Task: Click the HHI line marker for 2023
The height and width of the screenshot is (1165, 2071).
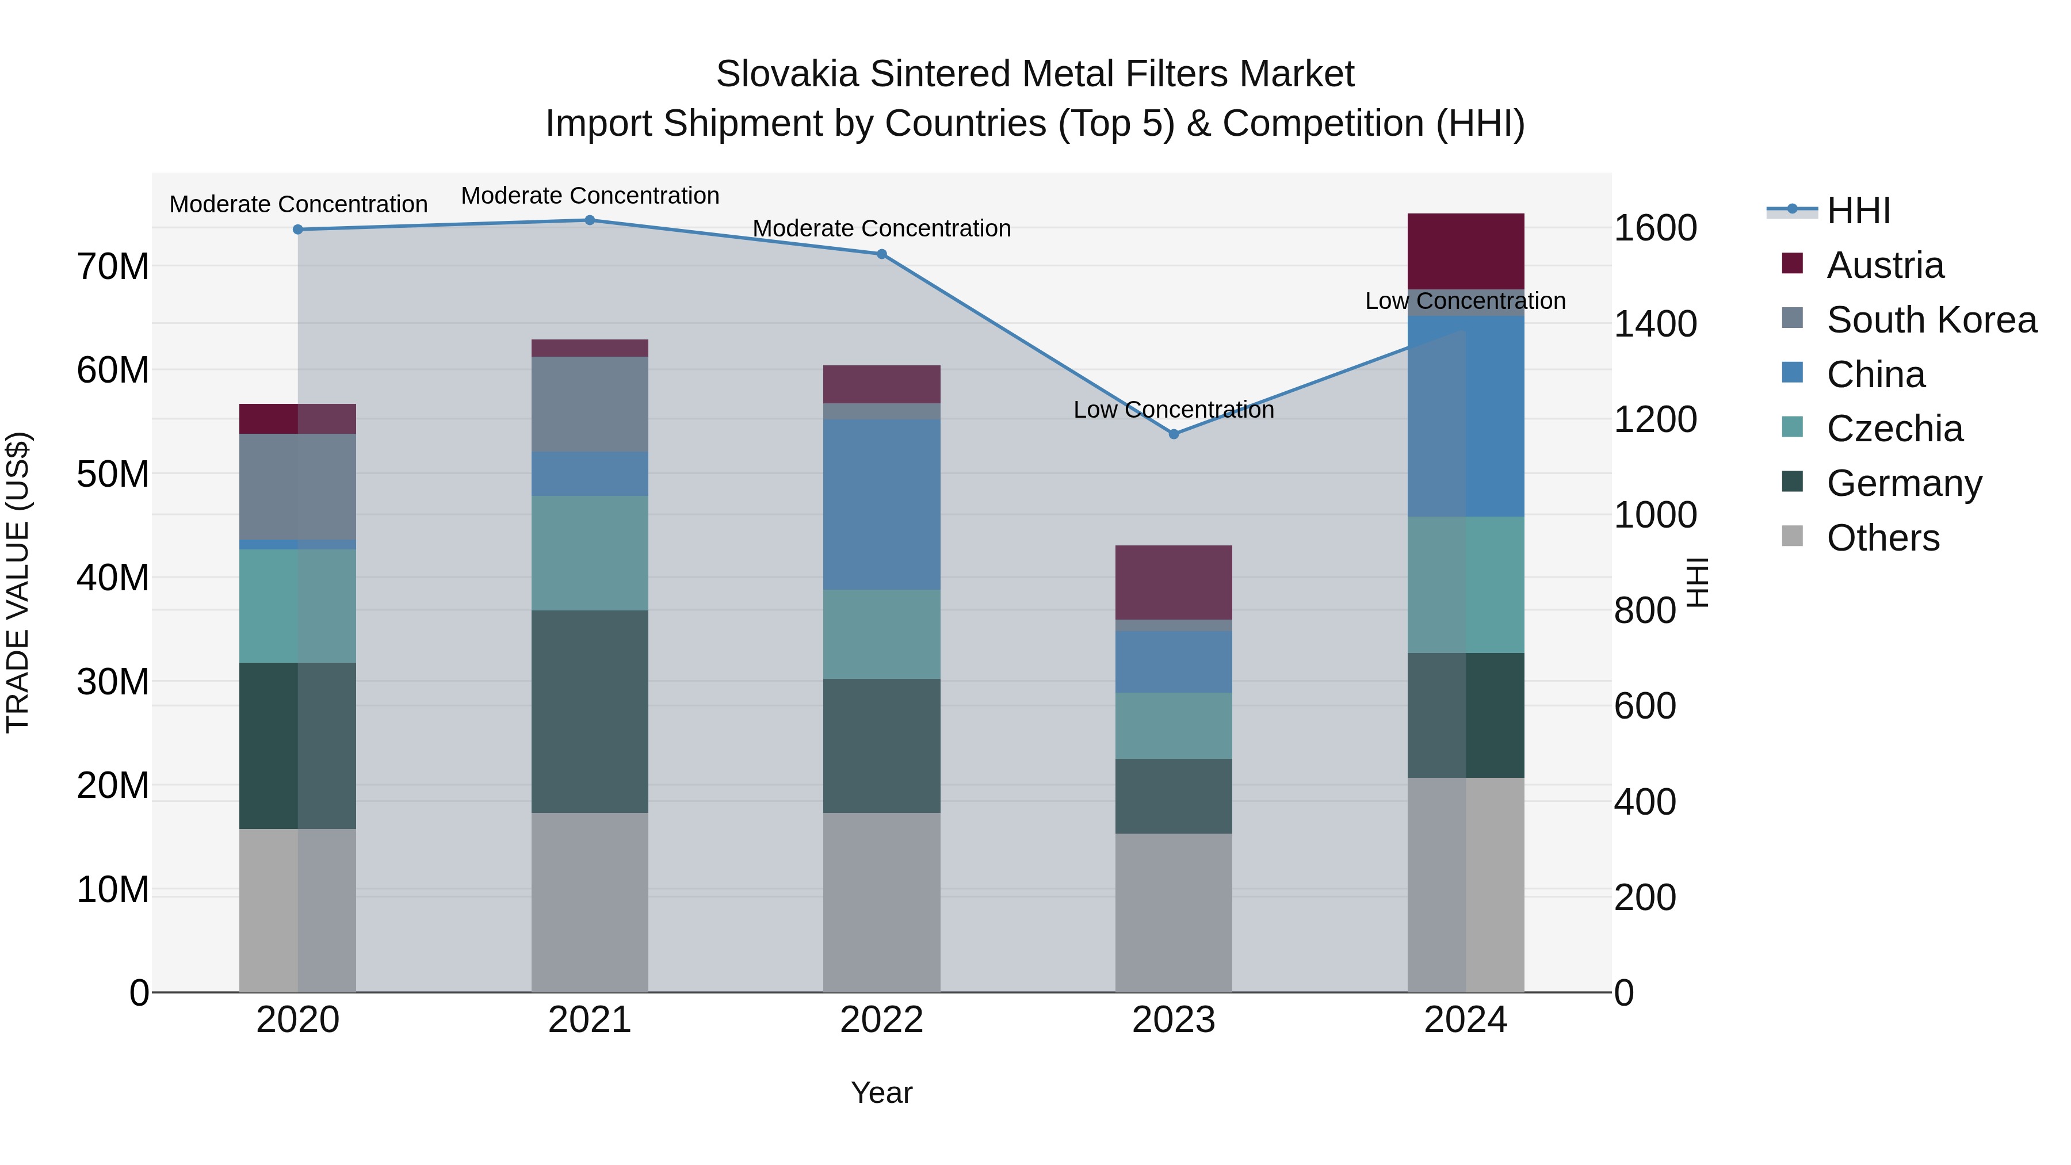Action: pyautogui.click(x=1173, y=434)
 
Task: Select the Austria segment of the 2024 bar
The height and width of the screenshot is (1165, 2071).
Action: pyautogui.click(x=1466, y=251)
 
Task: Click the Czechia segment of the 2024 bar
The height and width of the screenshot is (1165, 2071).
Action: pyautogui.click(x=1466, y=585)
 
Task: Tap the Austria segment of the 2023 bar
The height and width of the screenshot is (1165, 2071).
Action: pyautogui.click(x=1173, y=582)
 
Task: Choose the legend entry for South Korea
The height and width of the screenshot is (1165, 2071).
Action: pyautogui.click(x=1931, y=320)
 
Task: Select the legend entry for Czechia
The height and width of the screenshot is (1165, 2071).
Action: pyautogui.click(x=1894, y=429)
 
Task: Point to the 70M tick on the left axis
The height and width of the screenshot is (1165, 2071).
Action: pyautogui.click(x=113, y=266)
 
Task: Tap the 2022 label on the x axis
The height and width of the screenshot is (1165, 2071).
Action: pyautogui.click(x=881, y=1020)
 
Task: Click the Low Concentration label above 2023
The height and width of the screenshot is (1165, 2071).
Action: pyautogui.click(x=1173, y=410)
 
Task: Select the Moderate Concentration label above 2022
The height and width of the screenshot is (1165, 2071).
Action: pyautogui.click(x=881, y=228)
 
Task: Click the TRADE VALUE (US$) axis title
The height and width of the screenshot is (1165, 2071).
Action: pyautogui.click(x=18, y=582)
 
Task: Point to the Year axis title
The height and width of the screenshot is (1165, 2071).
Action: pyautogui.click(x=881, y=1093)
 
